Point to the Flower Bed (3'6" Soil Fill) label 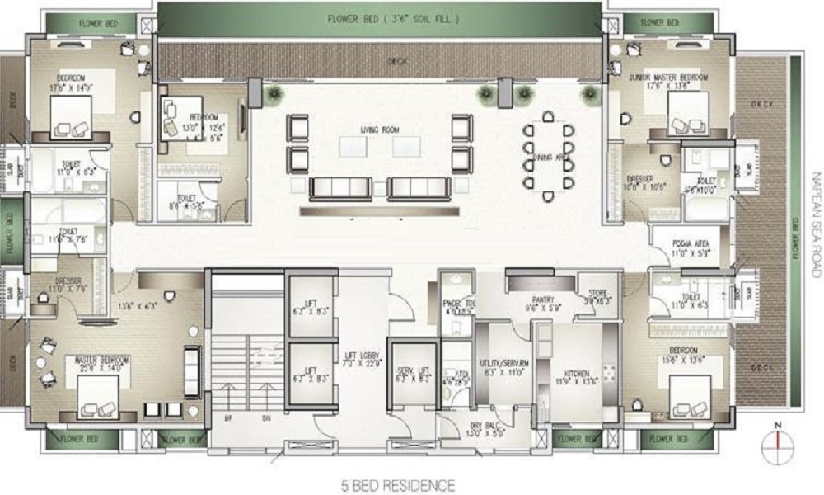pos(380,17)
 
